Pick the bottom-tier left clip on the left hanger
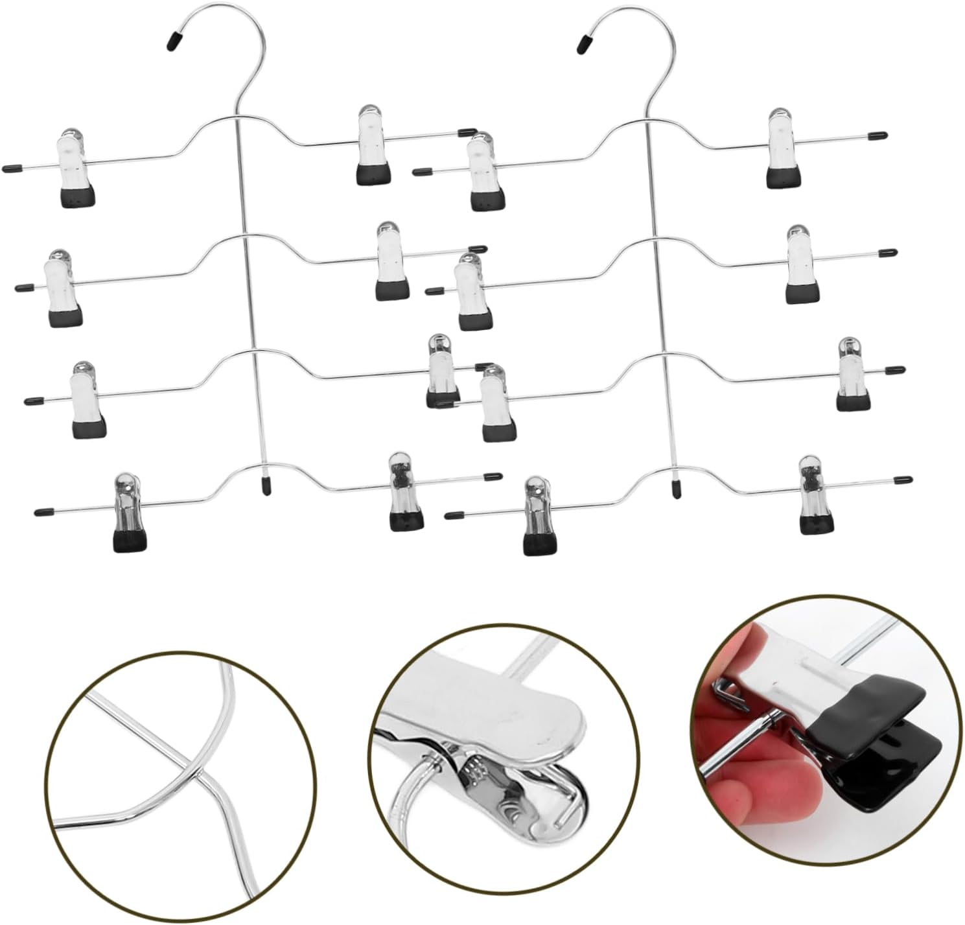[x=129, y=512]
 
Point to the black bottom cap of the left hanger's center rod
[x=266, y=486]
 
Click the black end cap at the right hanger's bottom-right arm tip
[x=903, y=481]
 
